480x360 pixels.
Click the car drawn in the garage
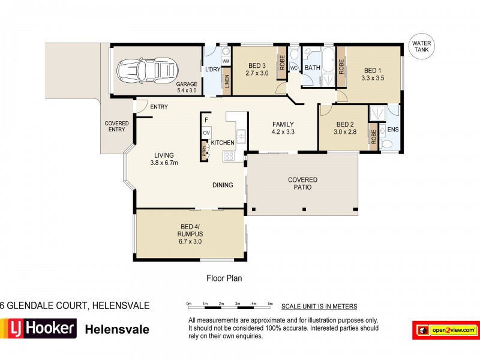pos(146,70)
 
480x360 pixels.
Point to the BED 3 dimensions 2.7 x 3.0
pos(257,73)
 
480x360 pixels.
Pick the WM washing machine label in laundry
pos(226,61)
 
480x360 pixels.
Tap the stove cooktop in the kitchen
pos(229,155)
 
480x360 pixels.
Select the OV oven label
pos(206,133)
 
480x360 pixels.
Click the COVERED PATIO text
pos(302,184)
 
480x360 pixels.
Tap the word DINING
pos(223,185)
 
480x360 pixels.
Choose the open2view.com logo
pos(446,329)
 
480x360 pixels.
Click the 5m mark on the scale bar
pos(270,304)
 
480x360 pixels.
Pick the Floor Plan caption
pos(224,278)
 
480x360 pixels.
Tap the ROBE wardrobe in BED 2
pos(373,136)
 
